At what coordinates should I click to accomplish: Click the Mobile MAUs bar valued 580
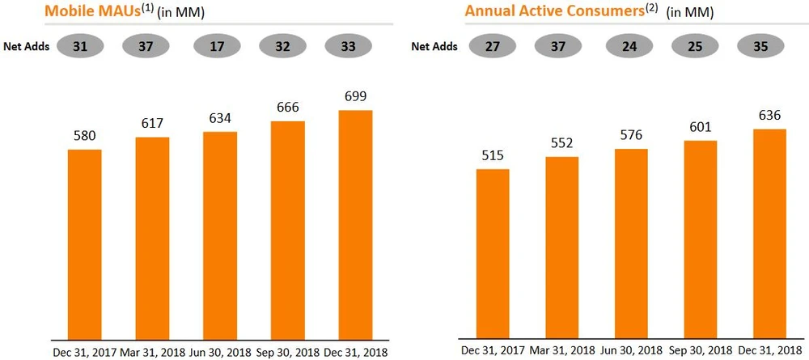coord(84,243)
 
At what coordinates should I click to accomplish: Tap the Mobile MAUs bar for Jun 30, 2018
coord(220,234)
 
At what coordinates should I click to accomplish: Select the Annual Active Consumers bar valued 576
coord(630,243)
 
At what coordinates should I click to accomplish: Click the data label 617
coord(152,124)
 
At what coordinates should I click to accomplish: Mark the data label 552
coord(561,144)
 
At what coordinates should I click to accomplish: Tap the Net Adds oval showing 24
coord(629,46)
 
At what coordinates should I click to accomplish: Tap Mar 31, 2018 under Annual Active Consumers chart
coord(561,351)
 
